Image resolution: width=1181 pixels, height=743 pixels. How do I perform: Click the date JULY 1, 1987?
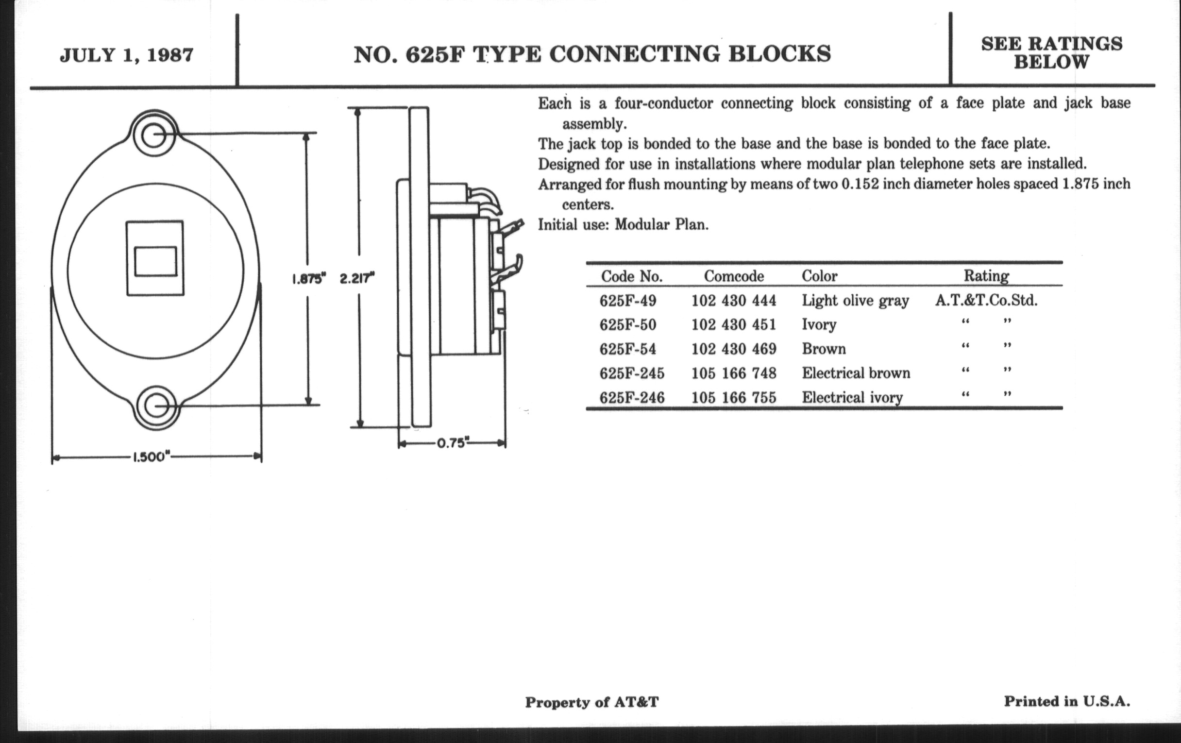(127, 55)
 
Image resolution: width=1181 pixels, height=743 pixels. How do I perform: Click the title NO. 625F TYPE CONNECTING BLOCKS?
(592, 54)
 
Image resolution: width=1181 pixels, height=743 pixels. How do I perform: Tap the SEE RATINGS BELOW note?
(1051, 53)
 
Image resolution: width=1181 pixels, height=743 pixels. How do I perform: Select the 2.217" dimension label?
(356, 279)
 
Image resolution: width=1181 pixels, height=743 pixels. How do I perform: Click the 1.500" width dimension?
(151, 457)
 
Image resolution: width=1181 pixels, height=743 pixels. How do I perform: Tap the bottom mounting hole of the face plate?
(156, 406)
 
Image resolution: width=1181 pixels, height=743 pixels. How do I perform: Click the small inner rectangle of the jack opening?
(155, 261)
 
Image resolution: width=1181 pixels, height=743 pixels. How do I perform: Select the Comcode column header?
(734, 276)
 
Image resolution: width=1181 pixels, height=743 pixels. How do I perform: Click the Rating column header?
(986, 276)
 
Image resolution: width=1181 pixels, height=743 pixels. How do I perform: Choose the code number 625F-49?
(628, 300)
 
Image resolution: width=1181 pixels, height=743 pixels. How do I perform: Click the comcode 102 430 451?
(734, 325)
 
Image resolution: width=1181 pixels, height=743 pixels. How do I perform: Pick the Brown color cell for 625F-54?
(824, 349)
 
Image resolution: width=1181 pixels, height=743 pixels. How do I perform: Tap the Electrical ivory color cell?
(852, 397)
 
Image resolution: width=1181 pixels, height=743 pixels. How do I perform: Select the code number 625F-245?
(632, 373)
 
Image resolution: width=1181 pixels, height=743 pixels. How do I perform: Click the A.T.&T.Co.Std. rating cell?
(986, 300)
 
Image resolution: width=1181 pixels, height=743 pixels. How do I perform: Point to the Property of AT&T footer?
(591, 702)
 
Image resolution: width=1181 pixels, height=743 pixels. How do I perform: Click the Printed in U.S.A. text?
(1067, 701)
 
